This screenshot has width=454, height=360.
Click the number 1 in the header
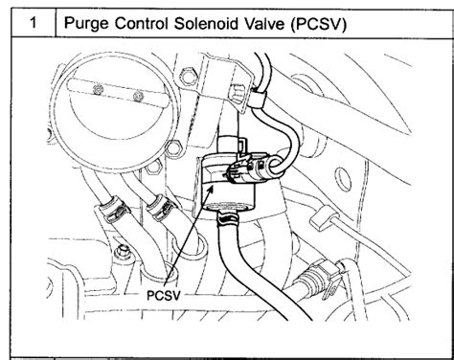pos(34,23)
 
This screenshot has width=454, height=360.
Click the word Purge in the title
pos(86,24)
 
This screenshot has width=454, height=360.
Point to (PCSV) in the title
pos(319,24)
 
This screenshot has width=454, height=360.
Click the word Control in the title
pos(141,23)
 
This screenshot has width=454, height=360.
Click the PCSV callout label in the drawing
pos(164,295)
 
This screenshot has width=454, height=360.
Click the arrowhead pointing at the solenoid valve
pos(210,189)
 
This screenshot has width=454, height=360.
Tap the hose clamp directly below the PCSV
pos(228,219)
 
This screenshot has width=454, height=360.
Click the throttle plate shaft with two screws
pos(118,93)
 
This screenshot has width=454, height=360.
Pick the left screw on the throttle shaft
pos(98,89)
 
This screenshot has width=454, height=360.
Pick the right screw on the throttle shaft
pos(138,96)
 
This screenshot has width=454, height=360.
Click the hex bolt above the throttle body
pos(187,77)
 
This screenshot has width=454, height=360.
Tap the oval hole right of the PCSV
pos(343,180)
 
